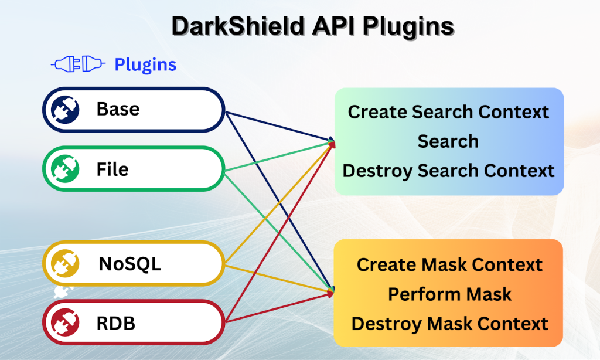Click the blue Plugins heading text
[145, 64]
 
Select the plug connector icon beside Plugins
[78, 64]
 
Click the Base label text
[118, 109]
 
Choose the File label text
[112, 169]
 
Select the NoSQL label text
[129, 264]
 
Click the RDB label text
[115, 323]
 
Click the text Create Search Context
[448, 112]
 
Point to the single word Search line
[448, 141]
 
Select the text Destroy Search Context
[448, 171]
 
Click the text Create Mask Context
[449, 264]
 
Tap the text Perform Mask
[449, 294]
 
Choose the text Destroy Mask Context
[449, 323]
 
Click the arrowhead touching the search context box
[332, 141]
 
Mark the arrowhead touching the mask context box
[332, 290]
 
